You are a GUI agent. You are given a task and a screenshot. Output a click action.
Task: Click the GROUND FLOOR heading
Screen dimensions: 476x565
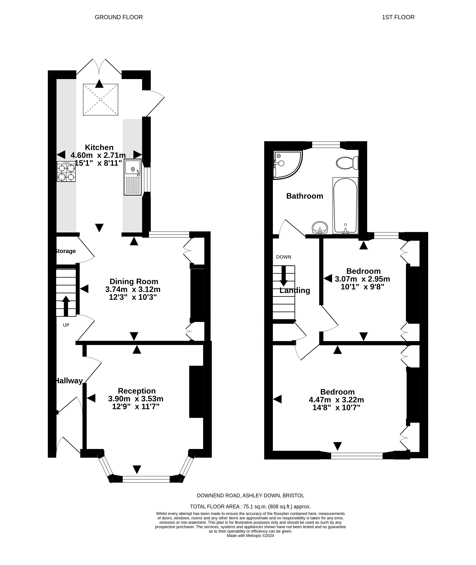(x=119, y=17)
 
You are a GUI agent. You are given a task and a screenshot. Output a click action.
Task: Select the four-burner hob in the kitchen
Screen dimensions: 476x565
(x=66, y=171)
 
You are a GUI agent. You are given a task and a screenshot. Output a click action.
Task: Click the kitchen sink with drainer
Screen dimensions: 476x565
(x=133, y=177)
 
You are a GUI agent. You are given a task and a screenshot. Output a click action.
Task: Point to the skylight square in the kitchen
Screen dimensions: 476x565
(x=100, y=100)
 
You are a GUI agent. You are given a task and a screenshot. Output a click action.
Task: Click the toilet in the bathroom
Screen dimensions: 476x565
(x=347, y=163)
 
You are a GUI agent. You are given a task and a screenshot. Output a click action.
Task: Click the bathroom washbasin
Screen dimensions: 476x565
(x=320, y=227)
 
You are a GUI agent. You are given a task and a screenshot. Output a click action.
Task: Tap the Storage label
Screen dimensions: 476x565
(x=65, y=251)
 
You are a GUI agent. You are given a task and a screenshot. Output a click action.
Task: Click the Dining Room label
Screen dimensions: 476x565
(x=134, y=281)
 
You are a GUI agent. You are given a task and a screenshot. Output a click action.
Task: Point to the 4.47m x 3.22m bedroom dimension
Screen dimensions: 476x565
(x=337, y=400)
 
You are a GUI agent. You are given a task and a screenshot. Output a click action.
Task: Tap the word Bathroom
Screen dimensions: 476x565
(x=305, y=196)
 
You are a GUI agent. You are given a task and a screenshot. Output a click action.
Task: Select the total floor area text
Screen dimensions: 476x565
(x=250, y=507)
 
